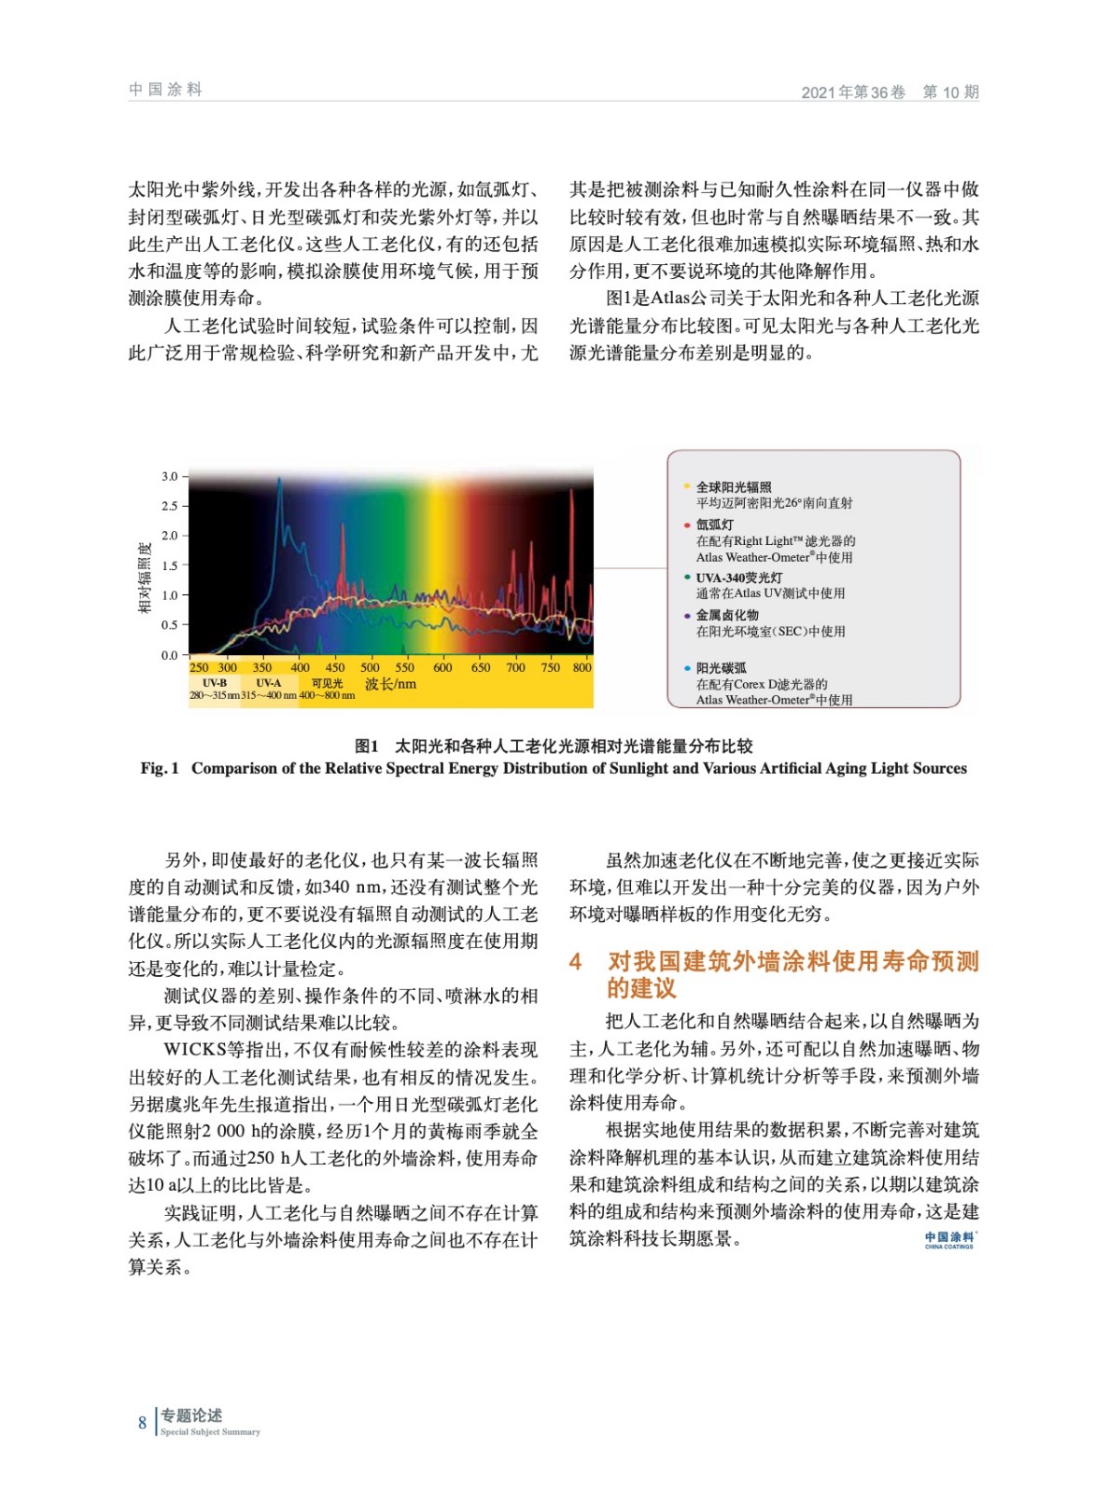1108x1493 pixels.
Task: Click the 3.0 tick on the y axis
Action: [169, 476]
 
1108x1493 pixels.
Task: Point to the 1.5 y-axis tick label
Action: [169, 565]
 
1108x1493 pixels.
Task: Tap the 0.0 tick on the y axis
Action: [169, 655]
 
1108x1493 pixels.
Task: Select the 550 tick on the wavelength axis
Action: [404, 667]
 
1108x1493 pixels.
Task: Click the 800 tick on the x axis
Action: [582, 667]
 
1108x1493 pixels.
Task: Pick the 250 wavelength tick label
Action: [199, 667]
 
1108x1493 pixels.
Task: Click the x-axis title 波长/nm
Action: [390, 684]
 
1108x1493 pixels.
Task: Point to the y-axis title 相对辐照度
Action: [145, 578]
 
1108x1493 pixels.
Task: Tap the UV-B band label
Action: [215, 683]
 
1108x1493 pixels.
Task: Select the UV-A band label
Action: [269, 683]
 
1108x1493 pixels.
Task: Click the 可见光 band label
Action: [327, 683]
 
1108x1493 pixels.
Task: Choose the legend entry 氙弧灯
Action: [714, 524]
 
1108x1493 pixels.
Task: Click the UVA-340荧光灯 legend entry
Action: [738, 578]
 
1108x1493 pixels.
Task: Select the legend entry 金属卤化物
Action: [727, 615]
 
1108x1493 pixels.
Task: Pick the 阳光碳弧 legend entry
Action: [721, 668]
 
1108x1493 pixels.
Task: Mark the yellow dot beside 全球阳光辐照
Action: [687, 486]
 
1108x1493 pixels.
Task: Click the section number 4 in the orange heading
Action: [576, 961]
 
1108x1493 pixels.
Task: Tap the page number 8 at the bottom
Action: [143, 1423]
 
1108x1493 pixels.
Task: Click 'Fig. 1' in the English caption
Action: [160, 768]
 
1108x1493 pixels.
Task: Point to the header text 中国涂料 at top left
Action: [165, 90]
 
